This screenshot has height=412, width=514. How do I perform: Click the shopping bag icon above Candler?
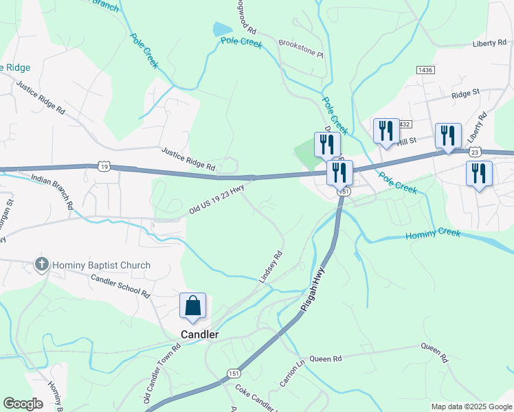pyautogui.click(x=192, y=306)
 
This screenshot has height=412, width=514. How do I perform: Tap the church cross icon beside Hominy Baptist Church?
pyautogui.click(x=42, y=265)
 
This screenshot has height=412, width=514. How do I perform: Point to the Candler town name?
pyautogui.click(x=199, y=334)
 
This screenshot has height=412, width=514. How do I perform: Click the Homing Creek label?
pyautogui.click(x=433, y=233)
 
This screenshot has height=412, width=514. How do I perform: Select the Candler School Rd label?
pyautogui.click(x=121, y=284)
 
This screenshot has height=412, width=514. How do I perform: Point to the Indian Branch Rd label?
pyautogui.click(x=52, y=190)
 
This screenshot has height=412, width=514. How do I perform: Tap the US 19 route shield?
pyautogui.click(x=104, y=166)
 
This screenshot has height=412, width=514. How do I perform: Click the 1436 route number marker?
pyautogui.click(x=425, y=70)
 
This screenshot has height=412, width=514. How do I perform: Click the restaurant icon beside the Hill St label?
pyautogui.click(x=385, y=131)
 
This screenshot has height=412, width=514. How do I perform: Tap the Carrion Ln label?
pyautogui.click(x=291, y=372)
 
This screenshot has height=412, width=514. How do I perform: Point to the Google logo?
pyautogui.click(x=23, y=404)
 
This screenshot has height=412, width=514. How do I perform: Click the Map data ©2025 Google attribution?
pyautogui.click(x=471, y=407)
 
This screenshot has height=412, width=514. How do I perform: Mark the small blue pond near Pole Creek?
pyautogui.click(x=223, y=29)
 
